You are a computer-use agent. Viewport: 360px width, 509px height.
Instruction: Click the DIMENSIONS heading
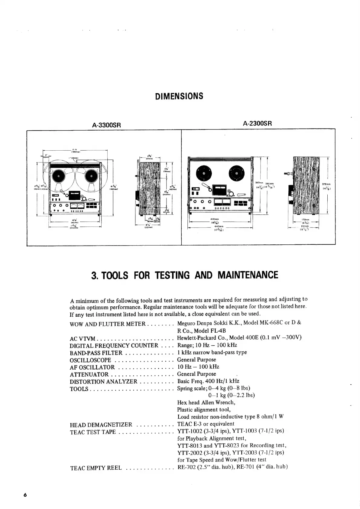pyautogui.click(x=179, y=96)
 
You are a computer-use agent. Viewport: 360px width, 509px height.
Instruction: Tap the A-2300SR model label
pyautogui.click(x=257, y=123)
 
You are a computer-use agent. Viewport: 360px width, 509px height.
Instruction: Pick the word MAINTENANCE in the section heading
pyautogui.click(x=248, y=275)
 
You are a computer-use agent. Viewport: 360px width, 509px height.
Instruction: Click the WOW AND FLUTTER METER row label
pyautogui.click(x=108, y=324)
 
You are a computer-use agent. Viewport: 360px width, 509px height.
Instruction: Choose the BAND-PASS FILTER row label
pyautogui.click(x=96, y=353)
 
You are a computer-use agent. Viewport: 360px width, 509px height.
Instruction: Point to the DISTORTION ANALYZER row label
pyautogui.click(x=103, y=382)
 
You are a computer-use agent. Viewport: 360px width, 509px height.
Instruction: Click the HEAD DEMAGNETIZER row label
pyautogui.click(x=101, y=425)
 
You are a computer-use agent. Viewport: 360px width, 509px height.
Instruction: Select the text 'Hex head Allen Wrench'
pyautogui.click(x=206, y=403)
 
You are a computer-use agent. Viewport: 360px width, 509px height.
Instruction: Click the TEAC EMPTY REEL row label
pyautogui.click(x=96, y=468)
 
